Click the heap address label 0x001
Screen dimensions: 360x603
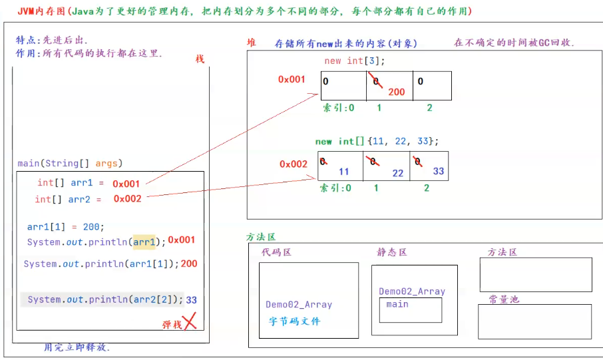point(292,79)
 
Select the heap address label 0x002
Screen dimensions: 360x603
point(293,164)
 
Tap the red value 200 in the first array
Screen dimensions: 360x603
point(396,92)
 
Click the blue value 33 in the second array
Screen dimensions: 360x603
point(438,171)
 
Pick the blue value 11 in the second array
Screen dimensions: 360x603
point(343,171)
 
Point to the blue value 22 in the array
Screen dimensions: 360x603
point(397,173)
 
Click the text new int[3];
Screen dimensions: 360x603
point(354,61)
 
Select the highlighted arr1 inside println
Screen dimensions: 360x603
point(144,242)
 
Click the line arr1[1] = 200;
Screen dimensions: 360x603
point(66,226)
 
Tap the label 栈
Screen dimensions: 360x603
point(200,59)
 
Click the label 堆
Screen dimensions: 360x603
point(251,43)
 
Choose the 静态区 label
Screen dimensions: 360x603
point(391,252)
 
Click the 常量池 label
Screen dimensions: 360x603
point(503,299)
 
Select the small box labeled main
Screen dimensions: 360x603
point(411,309)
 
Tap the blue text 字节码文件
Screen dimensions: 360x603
point(294,321)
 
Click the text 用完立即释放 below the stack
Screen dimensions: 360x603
point(77,347)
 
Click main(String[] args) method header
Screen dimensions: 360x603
point(70,164)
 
